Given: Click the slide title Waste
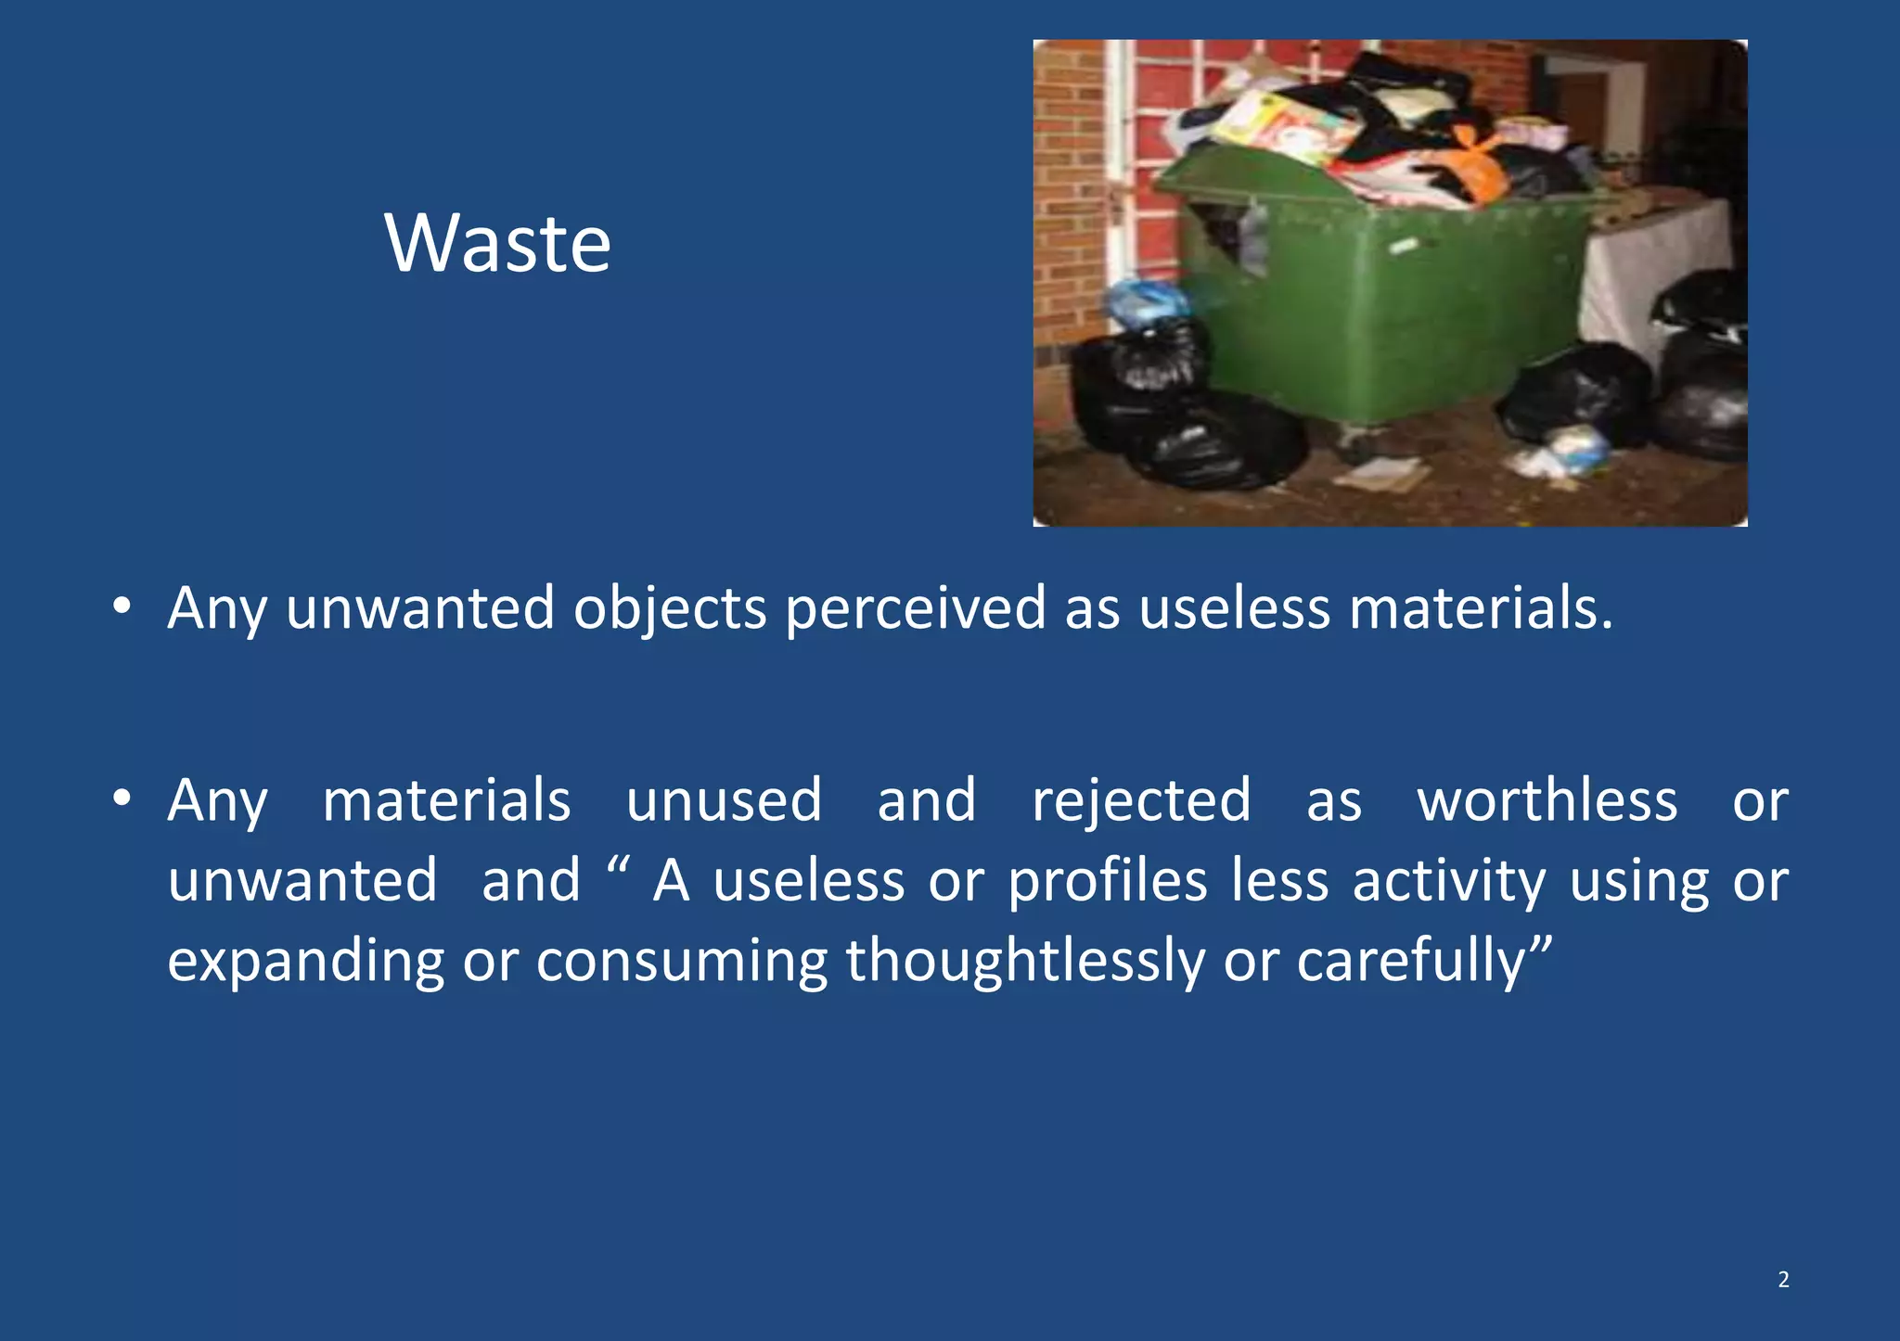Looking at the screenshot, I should pos(498,243).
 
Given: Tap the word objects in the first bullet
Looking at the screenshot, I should pos(670,610).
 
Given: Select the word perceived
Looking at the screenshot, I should pos(916,610).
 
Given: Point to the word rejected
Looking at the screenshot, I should pos(1141,801).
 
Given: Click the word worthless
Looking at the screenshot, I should pos(1547,801).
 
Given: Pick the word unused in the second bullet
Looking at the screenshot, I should pos(724,801).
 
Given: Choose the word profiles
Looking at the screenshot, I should pos(1108,881).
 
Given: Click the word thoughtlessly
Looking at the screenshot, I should pos(1024,962).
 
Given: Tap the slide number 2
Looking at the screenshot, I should pos(1783,1280).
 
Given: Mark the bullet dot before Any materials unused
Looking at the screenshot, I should pos(122,798).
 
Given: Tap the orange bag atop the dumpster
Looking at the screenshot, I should pos(1475,167).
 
